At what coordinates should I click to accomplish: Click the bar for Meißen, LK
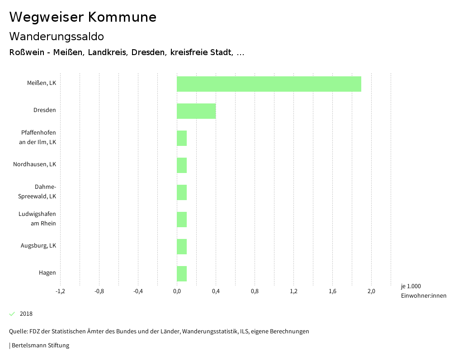pyautogui.click(x=269, y=84)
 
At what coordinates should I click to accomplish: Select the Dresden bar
pyautogui.click(x=196, y=111)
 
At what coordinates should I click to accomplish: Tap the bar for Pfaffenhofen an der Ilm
pyautogui.click(x=182, y=138)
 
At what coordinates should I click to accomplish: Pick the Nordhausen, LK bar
pyautogui.click(x=182, y=165)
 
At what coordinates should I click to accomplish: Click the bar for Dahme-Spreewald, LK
pyautogui.click(x=182, y=192)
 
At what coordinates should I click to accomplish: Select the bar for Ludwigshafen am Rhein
pyautogui.click(x=182, y=220)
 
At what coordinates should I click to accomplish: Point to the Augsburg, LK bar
pyautogui.click(x=182, y=247)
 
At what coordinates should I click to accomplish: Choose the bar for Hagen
pyautogui.click(x=182, y=274)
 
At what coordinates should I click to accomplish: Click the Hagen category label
pyautogui.click(x=47, y=273)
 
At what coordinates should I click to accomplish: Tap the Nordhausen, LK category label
pyautogui.click(x=35, y=164)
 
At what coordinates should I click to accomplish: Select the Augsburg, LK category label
pyautogui.click(x=38, y=246)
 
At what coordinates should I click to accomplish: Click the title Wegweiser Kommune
pyautogui.click(x=83, y=17)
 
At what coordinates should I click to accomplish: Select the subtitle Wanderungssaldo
pyautogui.click(x=57, y=36)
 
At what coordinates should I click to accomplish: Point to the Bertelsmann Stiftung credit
pyautogui.click(x=40, y=346)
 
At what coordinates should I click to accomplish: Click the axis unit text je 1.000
pyautogui.click(x=411, y=286)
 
